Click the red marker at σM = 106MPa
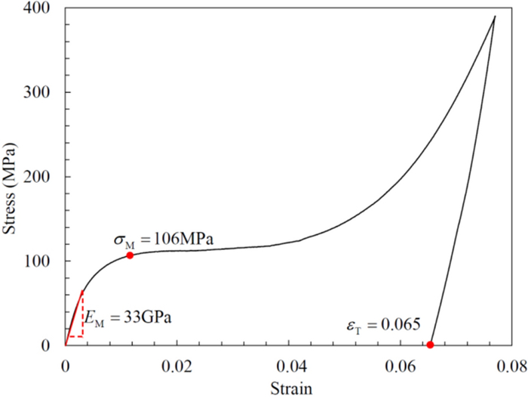130,255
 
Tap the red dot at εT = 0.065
430,345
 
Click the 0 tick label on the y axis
51,345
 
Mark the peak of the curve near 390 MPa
495,17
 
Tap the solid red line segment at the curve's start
74,317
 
